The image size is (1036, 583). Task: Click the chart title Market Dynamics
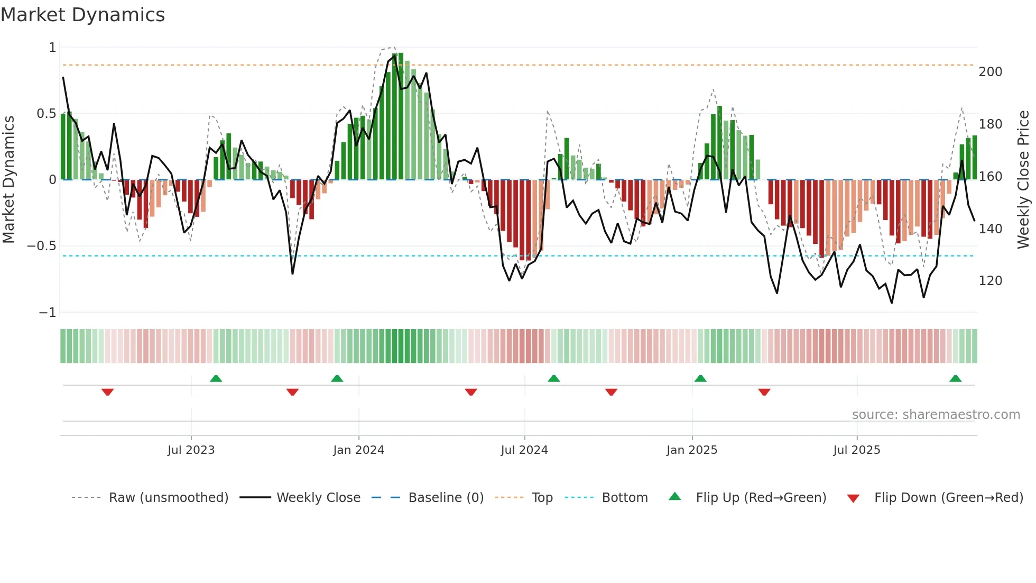click(x=82, y=15)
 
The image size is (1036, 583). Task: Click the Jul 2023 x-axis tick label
click(x=191, y=450)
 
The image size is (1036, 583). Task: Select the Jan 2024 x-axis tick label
click(x=358, y=450)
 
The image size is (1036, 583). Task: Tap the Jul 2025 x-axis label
click(x=856, y=450)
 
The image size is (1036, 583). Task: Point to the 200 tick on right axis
click(x=990, y=72)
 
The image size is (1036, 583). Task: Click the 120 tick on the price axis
click(x=990, y=281)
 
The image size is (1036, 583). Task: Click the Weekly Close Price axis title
click(x=1023, y=180)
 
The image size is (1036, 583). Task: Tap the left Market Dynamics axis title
click(x=8, y=180)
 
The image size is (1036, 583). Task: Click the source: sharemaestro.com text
click(x=936, y=415)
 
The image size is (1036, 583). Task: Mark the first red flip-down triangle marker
click(x=107, y=392)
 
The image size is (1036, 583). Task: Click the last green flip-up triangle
click(x=955, y=378)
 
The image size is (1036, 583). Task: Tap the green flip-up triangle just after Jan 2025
click(x=700, y=378)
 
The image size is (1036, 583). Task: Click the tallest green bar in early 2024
click(x=401, y=116)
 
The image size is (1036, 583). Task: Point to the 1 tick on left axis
click(x=52, y=48)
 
